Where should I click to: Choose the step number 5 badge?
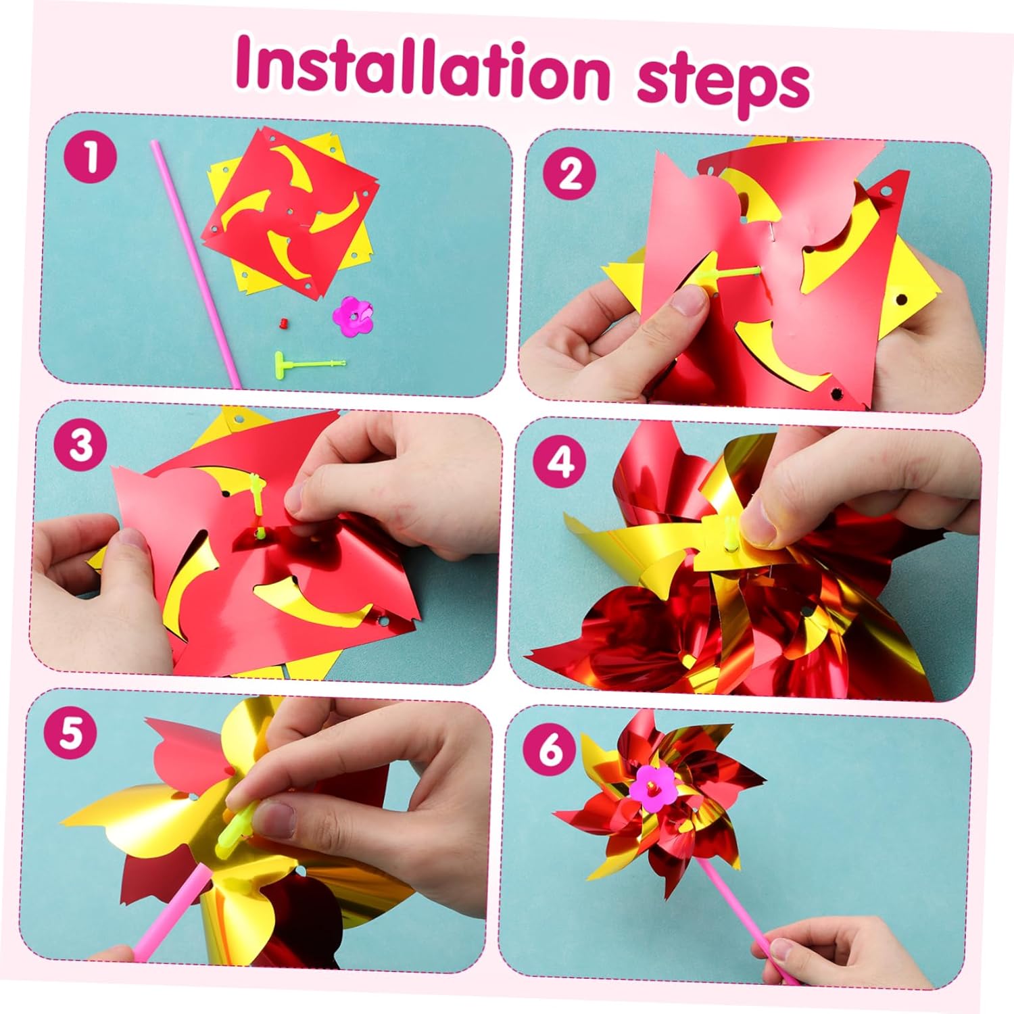click(x=70, y=733)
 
